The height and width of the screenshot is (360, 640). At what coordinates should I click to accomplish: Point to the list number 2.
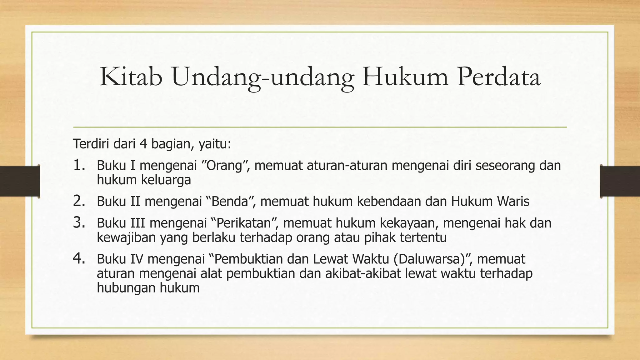coord(79,201)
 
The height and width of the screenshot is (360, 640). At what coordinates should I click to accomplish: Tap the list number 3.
coord(79,222)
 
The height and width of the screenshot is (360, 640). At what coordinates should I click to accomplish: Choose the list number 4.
coord(79,258)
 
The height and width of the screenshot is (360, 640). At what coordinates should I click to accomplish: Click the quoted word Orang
coord(224,165)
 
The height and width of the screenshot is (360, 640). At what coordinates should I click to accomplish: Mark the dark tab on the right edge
coord(620,181)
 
